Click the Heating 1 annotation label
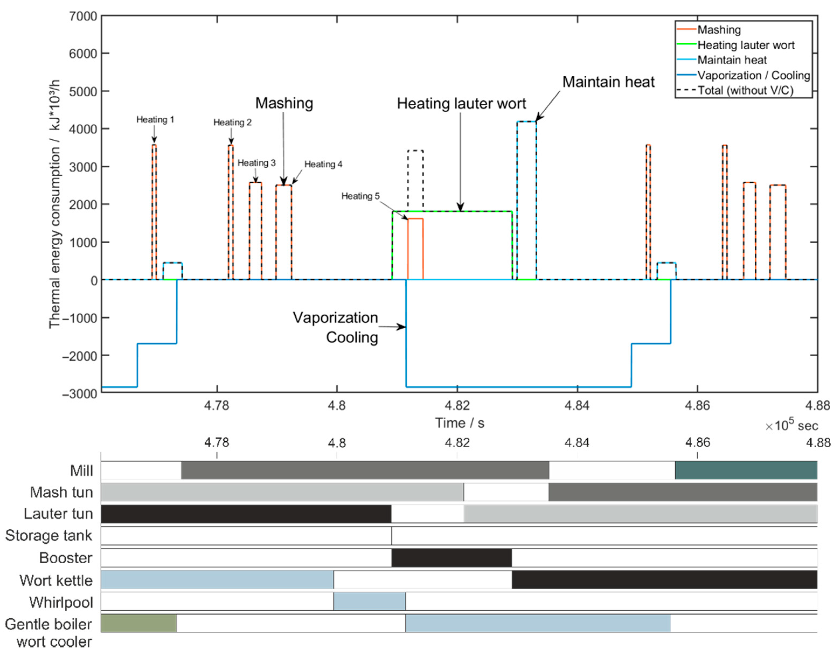[x=155, y=120]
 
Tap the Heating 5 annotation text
[x=360, y=196]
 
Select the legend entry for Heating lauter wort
[x=746, y=45]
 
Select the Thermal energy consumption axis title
[x=55, y=204]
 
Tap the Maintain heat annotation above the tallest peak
[x=608, y=82]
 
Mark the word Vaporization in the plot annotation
[x=335, y=317]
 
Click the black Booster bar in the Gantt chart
[x=452, y=557]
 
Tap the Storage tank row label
[x=48, y=536]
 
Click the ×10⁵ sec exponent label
[x=791, y=425]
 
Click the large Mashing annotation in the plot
[x=284, y=103]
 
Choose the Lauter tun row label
[x=58, y=514]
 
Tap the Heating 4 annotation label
[x=323, y=164]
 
